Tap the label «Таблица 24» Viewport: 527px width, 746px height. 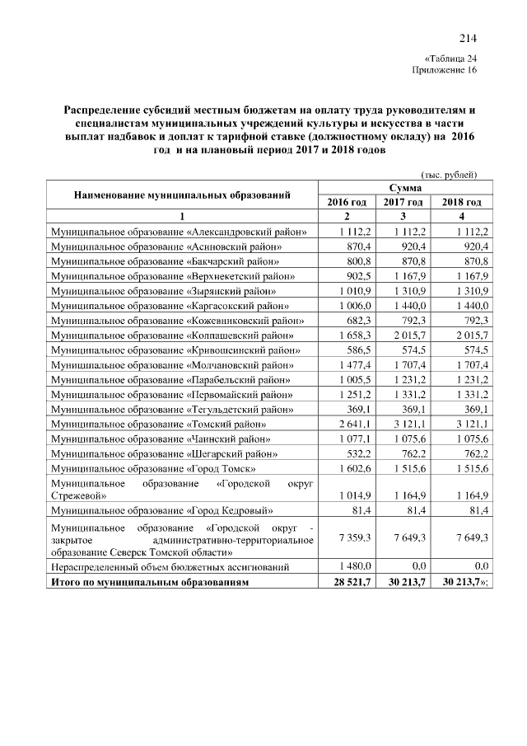click(x=450, y=59)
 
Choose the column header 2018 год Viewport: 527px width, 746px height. click(x=461, y=202)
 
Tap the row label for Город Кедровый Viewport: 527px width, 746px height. click(x=163, y=512)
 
